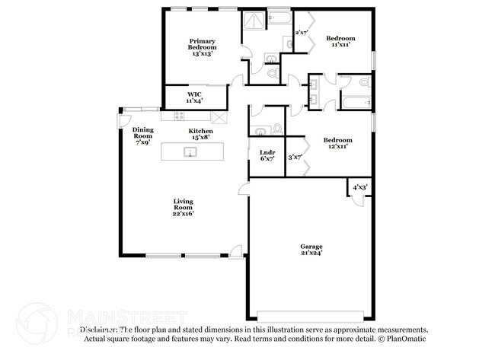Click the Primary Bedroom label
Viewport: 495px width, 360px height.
point(202,47)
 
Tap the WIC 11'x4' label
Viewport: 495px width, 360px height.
point(196,97)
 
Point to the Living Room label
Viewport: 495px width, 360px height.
point(183,207)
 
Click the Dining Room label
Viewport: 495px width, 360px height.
point(142,135)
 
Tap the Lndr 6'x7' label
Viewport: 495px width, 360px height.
point(267,155)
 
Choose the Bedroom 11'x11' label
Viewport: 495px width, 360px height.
point(340,41)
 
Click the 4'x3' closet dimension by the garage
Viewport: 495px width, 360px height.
point(358,187)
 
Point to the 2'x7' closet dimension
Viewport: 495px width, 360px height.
point(302,33)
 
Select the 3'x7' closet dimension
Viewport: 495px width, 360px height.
point(295,158)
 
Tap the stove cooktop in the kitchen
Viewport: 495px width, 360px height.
point(180,116)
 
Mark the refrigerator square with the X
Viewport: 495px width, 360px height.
point(219,116)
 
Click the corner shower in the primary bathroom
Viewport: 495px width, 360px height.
point(253,22)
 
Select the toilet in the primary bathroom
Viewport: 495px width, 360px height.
point(273,75)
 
